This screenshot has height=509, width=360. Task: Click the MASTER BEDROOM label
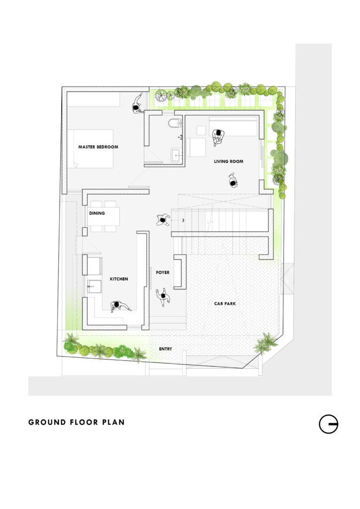click(98, 147)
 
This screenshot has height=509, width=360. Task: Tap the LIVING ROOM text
click(229, 162)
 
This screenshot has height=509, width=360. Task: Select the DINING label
click(97, 213)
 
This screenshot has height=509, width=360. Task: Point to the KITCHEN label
click(119, 279)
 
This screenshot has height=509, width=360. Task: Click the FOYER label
click(163, 272)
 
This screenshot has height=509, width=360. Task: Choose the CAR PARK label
click(225, 304)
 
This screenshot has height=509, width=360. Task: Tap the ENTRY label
click(166, 349)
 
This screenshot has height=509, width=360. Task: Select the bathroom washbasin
click(177, 155)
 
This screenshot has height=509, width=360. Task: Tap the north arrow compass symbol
click(329, 424)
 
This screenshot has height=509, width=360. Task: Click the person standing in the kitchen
click(119, 306)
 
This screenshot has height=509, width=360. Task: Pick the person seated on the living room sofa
click(218, 136)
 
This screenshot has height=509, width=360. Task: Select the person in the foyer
click(163, 296)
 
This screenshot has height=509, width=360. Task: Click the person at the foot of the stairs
click(163, 220)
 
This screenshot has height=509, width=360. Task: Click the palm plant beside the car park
click(266, 343)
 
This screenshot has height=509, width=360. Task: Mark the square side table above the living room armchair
click(201, 130)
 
